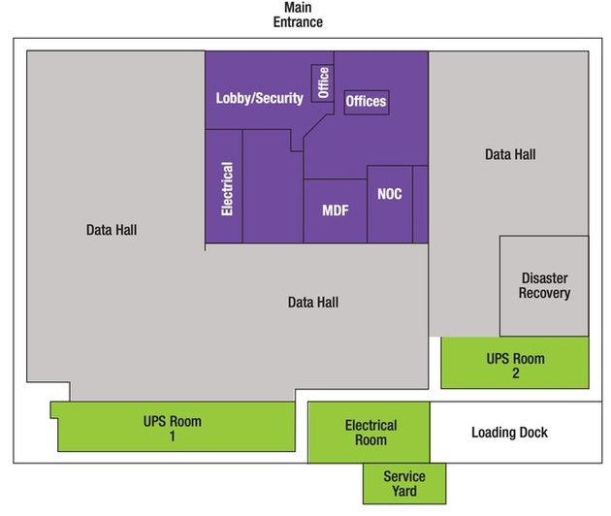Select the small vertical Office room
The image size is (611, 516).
pos(322,83)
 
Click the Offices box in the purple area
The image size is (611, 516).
pos(367,101)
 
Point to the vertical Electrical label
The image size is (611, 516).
pos(227,188)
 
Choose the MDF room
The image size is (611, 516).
pos(335,210)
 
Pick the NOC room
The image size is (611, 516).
pos(389,194)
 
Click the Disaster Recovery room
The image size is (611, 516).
pos(544,285)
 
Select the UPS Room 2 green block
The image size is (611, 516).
pos(515,363)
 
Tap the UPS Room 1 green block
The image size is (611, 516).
pos(173,427)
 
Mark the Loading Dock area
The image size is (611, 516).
pos(509,432)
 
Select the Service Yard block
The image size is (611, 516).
pos(404,483)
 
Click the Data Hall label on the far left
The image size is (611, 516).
pos(112,230)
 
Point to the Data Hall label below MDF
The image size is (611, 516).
pos(312,302)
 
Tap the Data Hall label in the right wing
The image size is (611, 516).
pos(510,154)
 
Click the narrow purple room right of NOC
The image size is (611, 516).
pos(420,204)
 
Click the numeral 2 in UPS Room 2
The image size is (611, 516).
pos(515,373)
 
